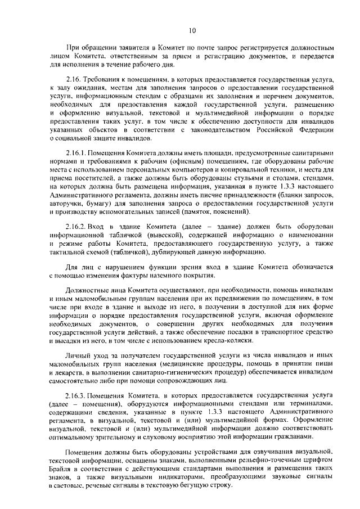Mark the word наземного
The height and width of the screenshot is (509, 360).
[161, 275]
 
